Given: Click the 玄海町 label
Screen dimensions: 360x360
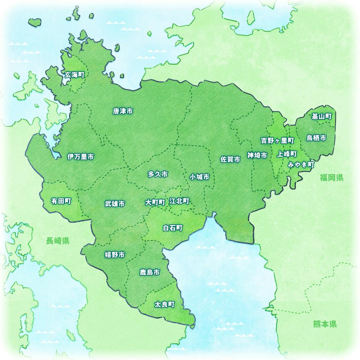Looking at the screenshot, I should pos(74,75).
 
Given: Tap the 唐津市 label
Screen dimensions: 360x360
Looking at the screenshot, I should pos(123,111).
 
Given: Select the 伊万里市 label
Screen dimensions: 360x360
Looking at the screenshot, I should pos(80,157).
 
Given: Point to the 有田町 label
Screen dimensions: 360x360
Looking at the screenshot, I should pos(61,201).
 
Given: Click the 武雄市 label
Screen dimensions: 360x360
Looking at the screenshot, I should pos(115,204).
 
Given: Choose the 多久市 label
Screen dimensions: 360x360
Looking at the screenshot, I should pos(157,174).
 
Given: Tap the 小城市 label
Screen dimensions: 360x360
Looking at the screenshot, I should pos(199,177).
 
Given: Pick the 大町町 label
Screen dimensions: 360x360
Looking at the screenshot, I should pos(155,203).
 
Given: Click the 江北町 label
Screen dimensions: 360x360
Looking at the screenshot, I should pos(179,201).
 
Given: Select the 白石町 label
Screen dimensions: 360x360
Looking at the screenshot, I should pos(173,228).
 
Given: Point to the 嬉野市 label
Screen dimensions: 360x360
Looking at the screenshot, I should pos(115,255).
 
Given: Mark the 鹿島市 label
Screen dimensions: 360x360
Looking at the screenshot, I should pos(149,272).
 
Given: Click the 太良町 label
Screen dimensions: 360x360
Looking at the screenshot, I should pos(164,305).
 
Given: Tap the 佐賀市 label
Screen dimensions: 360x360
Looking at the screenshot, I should pos(230,160).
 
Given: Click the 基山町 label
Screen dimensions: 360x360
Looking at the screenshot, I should pos(321,117).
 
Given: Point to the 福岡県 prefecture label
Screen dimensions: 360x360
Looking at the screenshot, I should pos(331,178).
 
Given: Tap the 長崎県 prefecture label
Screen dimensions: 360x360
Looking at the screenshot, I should pos(58,240).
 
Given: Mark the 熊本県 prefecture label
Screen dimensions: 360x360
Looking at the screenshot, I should pos(325,324).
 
